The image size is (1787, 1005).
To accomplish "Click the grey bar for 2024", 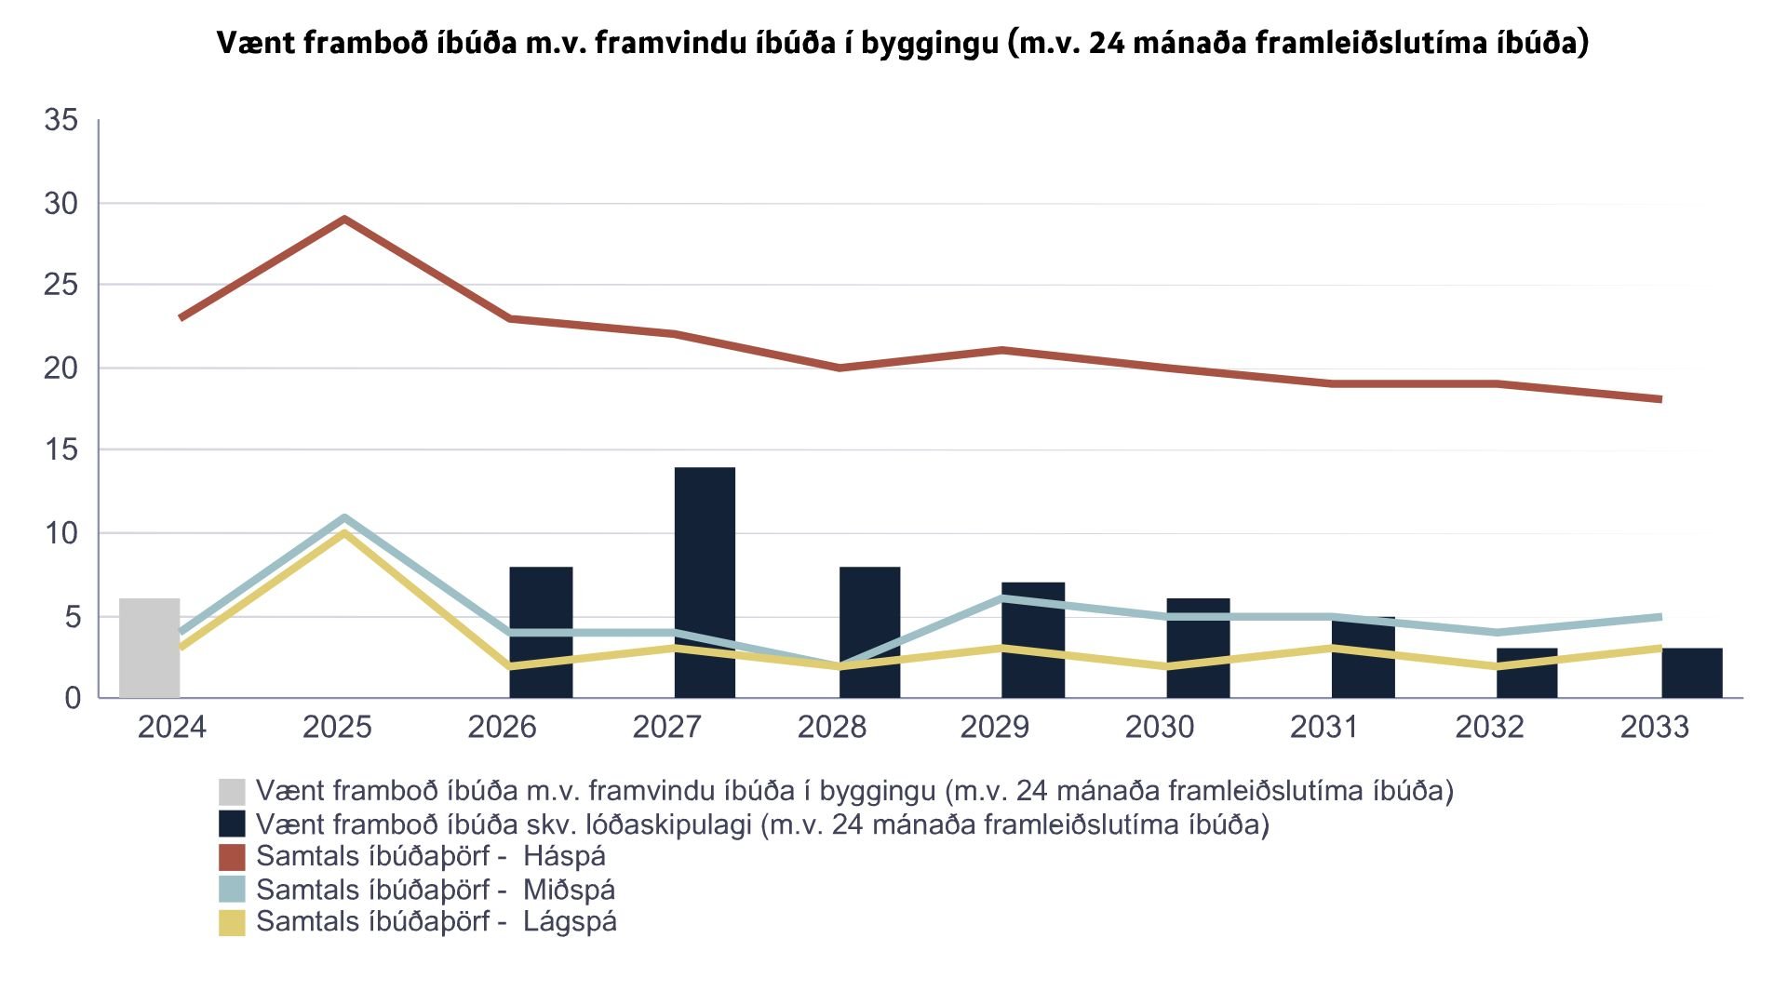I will point(149,648).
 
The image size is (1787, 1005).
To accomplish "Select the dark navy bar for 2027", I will point(705,583).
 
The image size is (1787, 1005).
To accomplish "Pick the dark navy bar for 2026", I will point(541,632).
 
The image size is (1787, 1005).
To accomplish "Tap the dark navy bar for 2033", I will point(1691,673).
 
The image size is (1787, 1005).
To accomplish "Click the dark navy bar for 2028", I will point(869,632).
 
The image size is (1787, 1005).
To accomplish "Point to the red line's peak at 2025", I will point(344,220).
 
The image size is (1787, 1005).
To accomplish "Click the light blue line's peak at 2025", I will point(344,517).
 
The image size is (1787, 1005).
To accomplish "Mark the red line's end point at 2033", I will point(1659,399).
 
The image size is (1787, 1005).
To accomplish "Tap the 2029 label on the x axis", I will point(995,727).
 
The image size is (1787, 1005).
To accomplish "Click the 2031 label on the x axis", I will point(1324,727).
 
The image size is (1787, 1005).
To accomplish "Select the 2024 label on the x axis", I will point(172,727).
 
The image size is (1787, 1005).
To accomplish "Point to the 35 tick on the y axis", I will point(61,120).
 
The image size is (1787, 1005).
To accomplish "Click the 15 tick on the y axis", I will point(61,450).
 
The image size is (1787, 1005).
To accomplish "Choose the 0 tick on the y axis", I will point(73,698).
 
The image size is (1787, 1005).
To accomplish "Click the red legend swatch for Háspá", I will point(232,857).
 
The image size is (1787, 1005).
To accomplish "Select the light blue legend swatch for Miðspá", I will point(232,890).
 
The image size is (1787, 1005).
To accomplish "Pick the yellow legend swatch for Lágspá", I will point(232,922).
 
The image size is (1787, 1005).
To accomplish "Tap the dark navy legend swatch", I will point(232,824).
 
